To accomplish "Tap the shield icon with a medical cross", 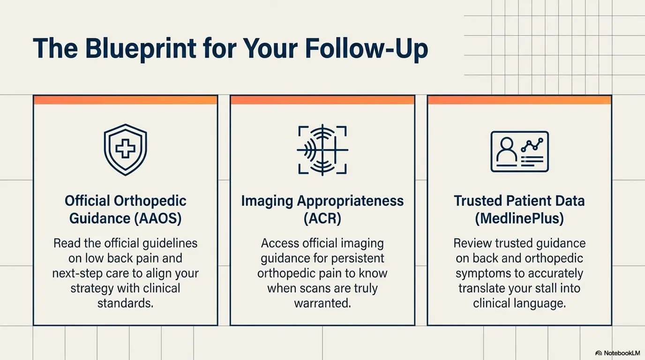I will click(x=125, y=150).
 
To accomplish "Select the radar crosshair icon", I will click(x=322, y=150).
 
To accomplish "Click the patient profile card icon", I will click(x=519, y=151).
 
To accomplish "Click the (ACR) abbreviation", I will click(x=322, y=218).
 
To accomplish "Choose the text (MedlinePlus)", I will click(x=519, y=218).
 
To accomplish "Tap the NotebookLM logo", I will click(x=617, y=353).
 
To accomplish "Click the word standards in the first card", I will click(x=125, y=303).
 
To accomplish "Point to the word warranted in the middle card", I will click(x=322, y=303).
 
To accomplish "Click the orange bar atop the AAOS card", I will click(x=125, y=100).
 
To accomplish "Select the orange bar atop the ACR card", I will click(x=322, y=100).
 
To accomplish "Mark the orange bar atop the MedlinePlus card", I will click(x=519, y=100).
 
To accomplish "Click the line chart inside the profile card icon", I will click(x=532, y=144).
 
